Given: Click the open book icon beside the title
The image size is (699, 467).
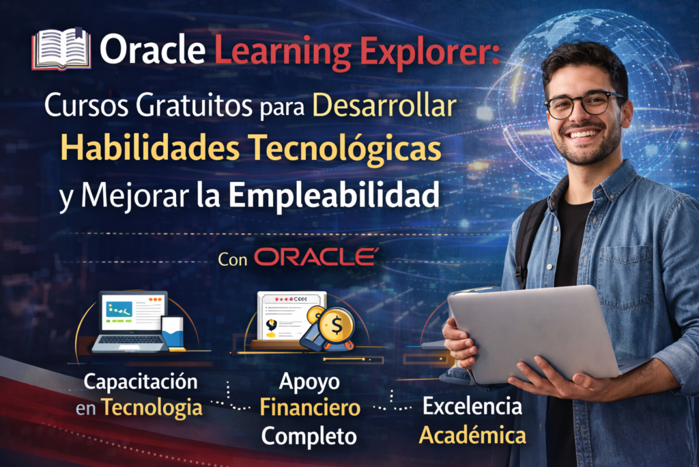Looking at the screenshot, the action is pos(61,49).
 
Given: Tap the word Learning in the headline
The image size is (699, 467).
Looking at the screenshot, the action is pos(283,52).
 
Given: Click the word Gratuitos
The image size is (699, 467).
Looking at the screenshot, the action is pos(194,106).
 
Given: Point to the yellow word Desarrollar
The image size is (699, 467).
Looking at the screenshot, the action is pos(384,106).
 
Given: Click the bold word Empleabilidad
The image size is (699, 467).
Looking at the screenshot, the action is pos(334,194).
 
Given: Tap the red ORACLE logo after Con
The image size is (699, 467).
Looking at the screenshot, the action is pos(316,257).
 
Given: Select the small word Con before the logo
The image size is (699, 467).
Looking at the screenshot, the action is pos(233,259).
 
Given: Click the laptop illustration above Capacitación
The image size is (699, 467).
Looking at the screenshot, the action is pos(138,321).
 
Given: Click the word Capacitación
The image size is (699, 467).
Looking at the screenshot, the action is pos(141,382).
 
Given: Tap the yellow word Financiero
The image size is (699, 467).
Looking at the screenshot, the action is pos(311,408).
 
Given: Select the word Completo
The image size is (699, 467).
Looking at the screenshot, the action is pos(309,436).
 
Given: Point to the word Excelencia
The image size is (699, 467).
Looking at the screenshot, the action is pos(472,406).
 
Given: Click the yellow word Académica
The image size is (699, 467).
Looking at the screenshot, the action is pos(472,436).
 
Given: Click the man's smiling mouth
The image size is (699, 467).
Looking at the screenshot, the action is pos(583,134).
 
